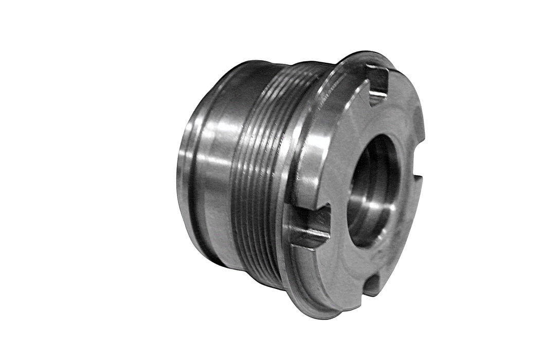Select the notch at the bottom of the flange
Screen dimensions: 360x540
point(371,284)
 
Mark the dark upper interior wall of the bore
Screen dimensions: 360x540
point(378,154)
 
